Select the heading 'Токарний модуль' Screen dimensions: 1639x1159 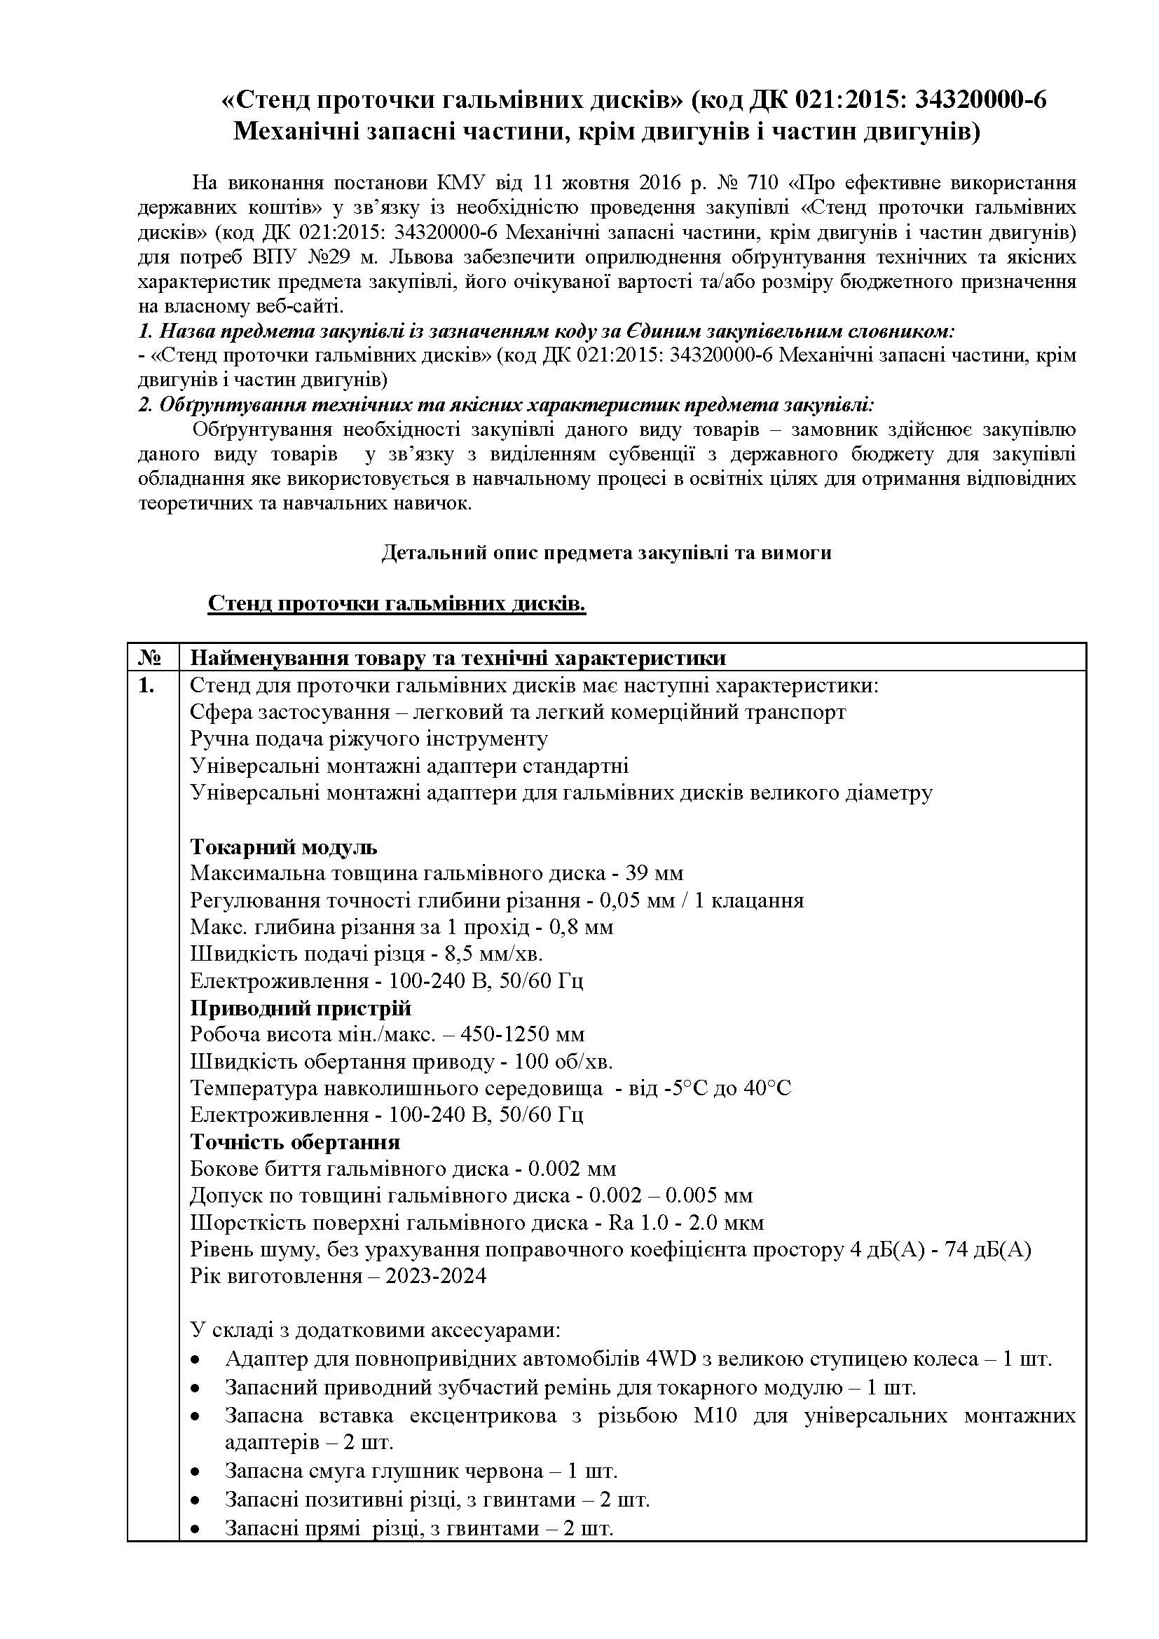(x=283, y=847)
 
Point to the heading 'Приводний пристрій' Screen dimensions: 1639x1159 (x=301, y=1008)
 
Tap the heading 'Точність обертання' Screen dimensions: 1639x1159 (x=295, y=1142)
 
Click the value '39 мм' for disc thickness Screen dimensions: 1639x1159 (x=654, y=874)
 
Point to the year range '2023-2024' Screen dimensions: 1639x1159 (x=435, y=1276)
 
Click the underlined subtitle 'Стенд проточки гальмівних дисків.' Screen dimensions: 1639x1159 (x=397, y=604)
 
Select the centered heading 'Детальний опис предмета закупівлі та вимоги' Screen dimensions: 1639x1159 (x=606, y=552)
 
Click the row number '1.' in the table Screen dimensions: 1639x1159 (x=146, y=685)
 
